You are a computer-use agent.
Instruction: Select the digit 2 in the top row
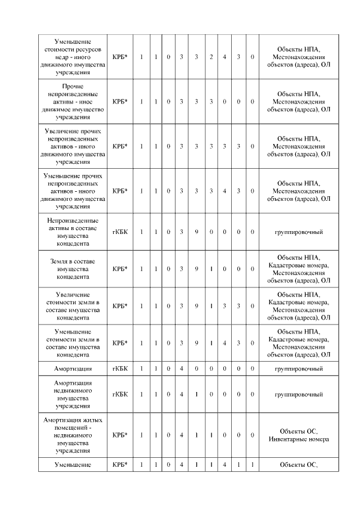(211, 57)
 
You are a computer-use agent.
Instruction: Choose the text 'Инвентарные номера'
(298, 439)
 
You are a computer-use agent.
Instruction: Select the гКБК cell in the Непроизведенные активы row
(120, 232)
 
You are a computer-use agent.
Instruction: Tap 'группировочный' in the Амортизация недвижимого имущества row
(298, 394)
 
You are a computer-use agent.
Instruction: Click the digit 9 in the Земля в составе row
(196, 269)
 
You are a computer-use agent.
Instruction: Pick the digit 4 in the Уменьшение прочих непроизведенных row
(224, 191)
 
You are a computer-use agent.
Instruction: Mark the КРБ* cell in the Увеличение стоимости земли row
(120, 306)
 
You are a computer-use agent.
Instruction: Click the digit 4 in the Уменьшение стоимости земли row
(224, 343)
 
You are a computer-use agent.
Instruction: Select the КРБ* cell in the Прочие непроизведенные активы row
(120, 102)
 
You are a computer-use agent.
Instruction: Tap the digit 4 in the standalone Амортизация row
(182, 368)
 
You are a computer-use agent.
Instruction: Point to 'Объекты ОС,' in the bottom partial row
(298, 465)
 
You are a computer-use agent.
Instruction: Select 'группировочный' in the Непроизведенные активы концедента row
(298, 232)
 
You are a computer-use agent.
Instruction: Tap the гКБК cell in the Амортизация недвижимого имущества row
(120, 394)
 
